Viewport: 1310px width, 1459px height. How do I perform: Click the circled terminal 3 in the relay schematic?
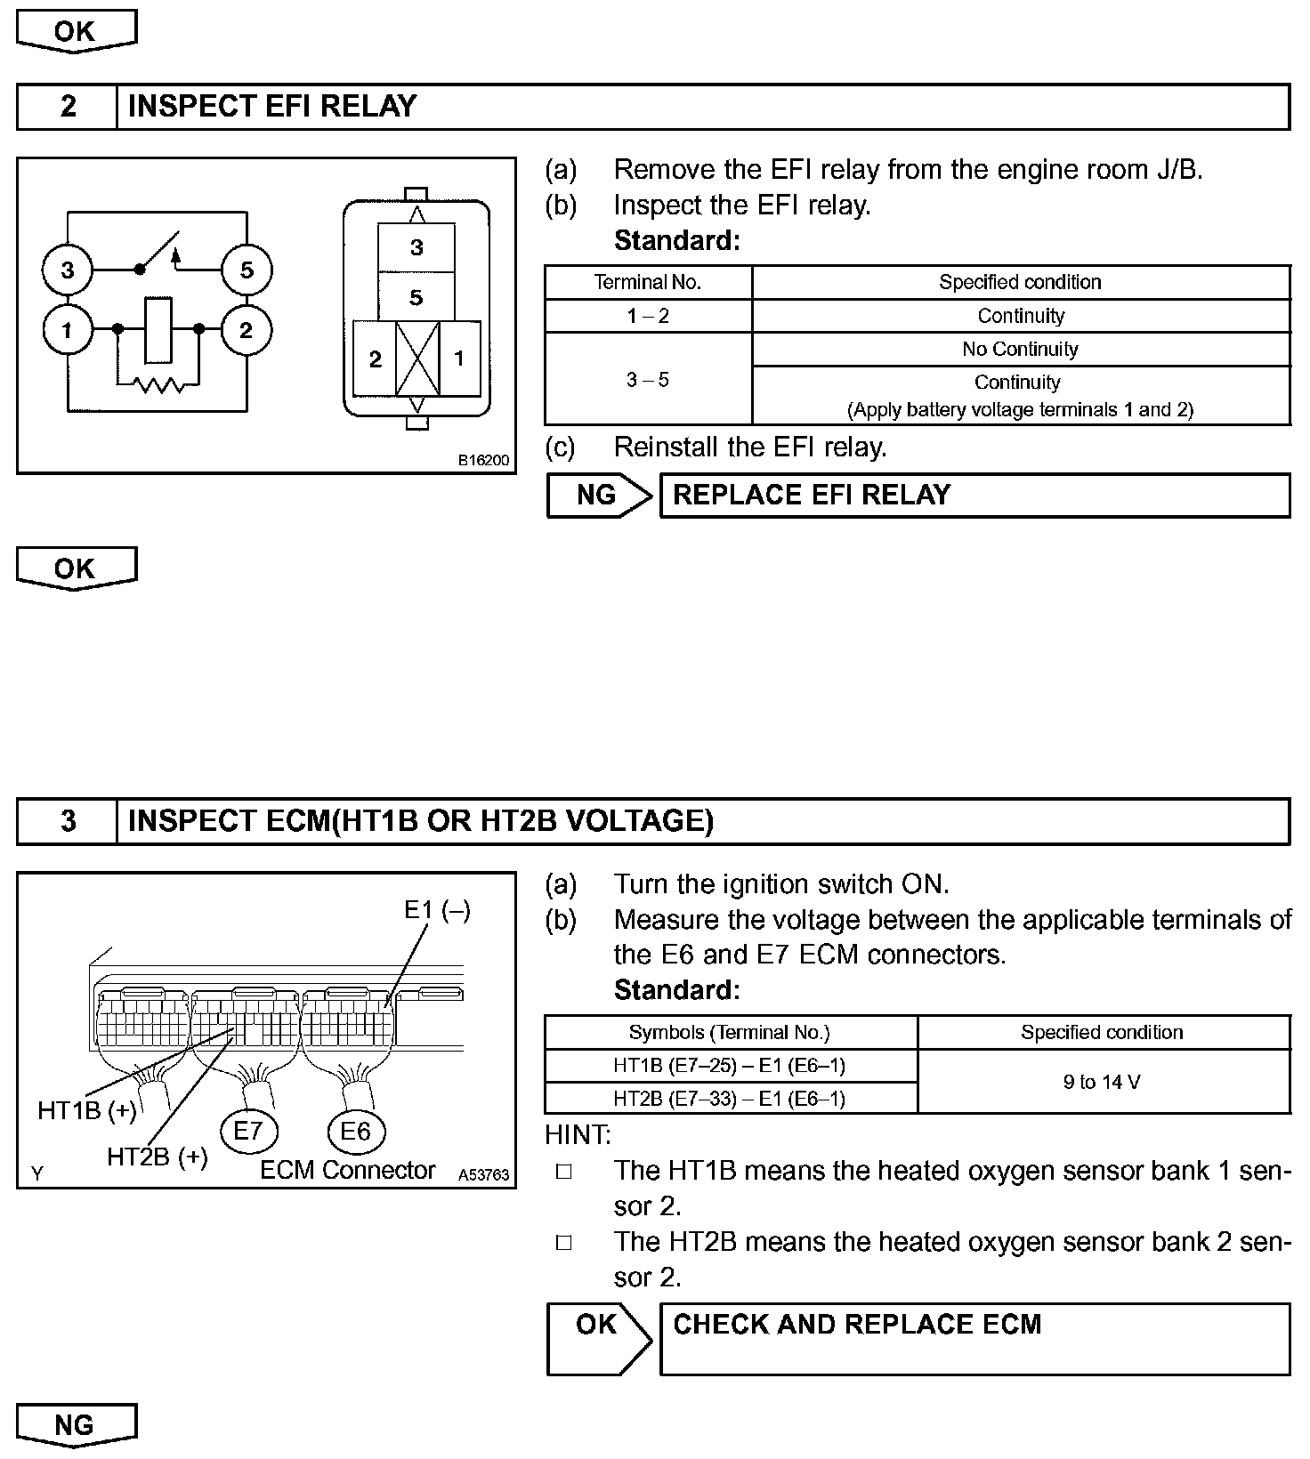[68, 270]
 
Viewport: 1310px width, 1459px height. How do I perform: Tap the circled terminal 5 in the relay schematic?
[247, 270]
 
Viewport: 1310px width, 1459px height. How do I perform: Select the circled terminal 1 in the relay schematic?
[68, 331]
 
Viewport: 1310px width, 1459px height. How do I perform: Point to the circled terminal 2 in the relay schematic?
[247, 331]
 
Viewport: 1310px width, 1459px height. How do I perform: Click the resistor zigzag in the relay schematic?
[158, 385]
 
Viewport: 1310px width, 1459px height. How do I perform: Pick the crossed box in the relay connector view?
[417, 359]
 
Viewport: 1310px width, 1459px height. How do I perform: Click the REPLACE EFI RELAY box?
[974, 496]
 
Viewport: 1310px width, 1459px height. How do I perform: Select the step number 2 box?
[68, 107]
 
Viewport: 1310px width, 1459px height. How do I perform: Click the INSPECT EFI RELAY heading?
[272, 107]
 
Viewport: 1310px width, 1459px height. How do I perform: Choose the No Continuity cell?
[1021, 349]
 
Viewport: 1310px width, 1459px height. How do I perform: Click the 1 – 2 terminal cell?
[648, 316]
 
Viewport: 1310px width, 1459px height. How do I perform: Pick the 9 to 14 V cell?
[1103, 1082]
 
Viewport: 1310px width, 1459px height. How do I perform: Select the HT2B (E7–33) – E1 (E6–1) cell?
[730, 1099]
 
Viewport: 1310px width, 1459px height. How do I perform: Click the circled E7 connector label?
[248, 1132]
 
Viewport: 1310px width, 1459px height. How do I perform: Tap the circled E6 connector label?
[355, 1132]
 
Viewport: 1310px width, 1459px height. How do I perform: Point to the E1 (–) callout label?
[437, 910]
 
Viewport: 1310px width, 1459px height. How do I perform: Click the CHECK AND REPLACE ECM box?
[974, 1339]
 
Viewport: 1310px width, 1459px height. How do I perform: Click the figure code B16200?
[484, 460]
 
